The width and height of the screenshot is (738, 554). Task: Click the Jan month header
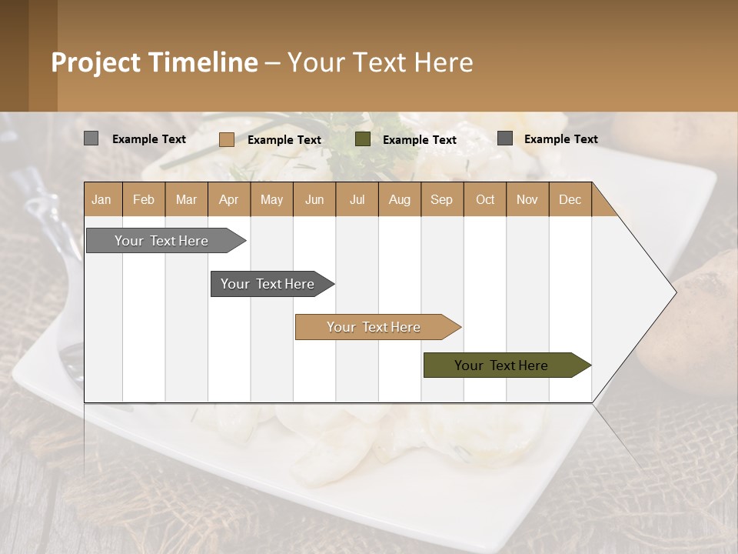(x=101, y=199)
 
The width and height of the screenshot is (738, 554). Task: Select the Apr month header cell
(x=228, y=199)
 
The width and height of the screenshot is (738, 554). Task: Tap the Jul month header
(x=357, y=199)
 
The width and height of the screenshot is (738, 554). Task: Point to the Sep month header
(x=441, y=199)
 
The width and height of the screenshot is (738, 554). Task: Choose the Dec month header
(x=570, y=199)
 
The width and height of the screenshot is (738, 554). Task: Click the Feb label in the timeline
(x=144, y=199)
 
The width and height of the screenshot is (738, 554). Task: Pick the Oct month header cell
(x=484, y=199)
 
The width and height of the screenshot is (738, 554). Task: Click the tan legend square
(x=226, y=139)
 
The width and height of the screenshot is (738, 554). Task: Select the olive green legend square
(x=363, y=139)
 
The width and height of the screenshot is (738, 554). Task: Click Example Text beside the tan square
(x=284, y=140)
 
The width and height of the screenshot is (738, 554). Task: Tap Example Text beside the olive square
(x=420, y=140)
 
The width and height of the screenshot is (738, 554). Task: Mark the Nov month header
(x=527, y=199)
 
